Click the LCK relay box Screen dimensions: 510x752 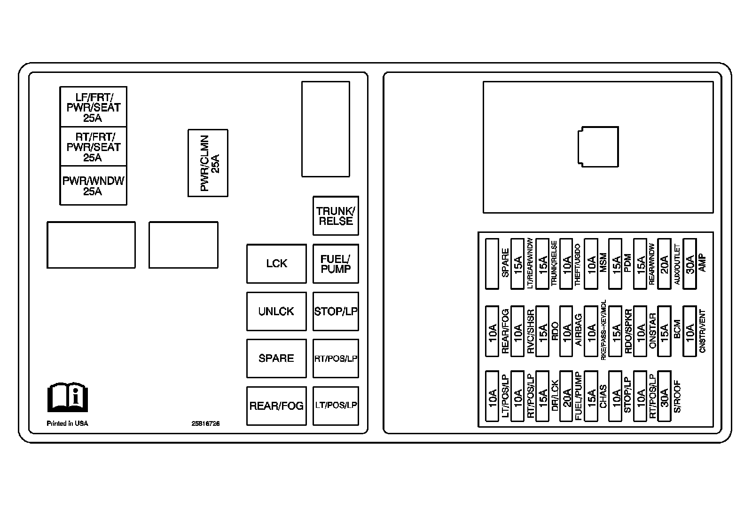pos(276,263)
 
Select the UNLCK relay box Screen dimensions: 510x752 pos(276,311)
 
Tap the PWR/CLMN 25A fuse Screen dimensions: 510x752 pos(208,163)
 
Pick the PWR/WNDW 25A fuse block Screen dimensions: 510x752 pos(93,185)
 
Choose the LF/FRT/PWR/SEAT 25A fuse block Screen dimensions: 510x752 pos(93,107)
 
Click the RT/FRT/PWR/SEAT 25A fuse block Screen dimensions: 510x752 pos(93,146)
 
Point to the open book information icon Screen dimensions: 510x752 pos(68,397)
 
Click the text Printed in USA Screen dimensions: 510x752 pos(67,423)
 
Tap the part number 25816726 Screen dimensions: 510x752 pos(205,423)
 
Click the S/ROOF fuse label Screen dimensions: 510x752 pos(677,396)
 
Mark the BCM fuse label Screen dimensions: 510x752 pos(677,329)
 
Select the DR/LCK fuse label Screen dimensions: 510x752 pos(555,396)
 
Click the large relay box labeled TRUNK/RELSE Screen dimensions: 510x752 pos(336,216)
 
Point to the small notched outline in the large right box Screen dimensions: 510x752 pos(598,146)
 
